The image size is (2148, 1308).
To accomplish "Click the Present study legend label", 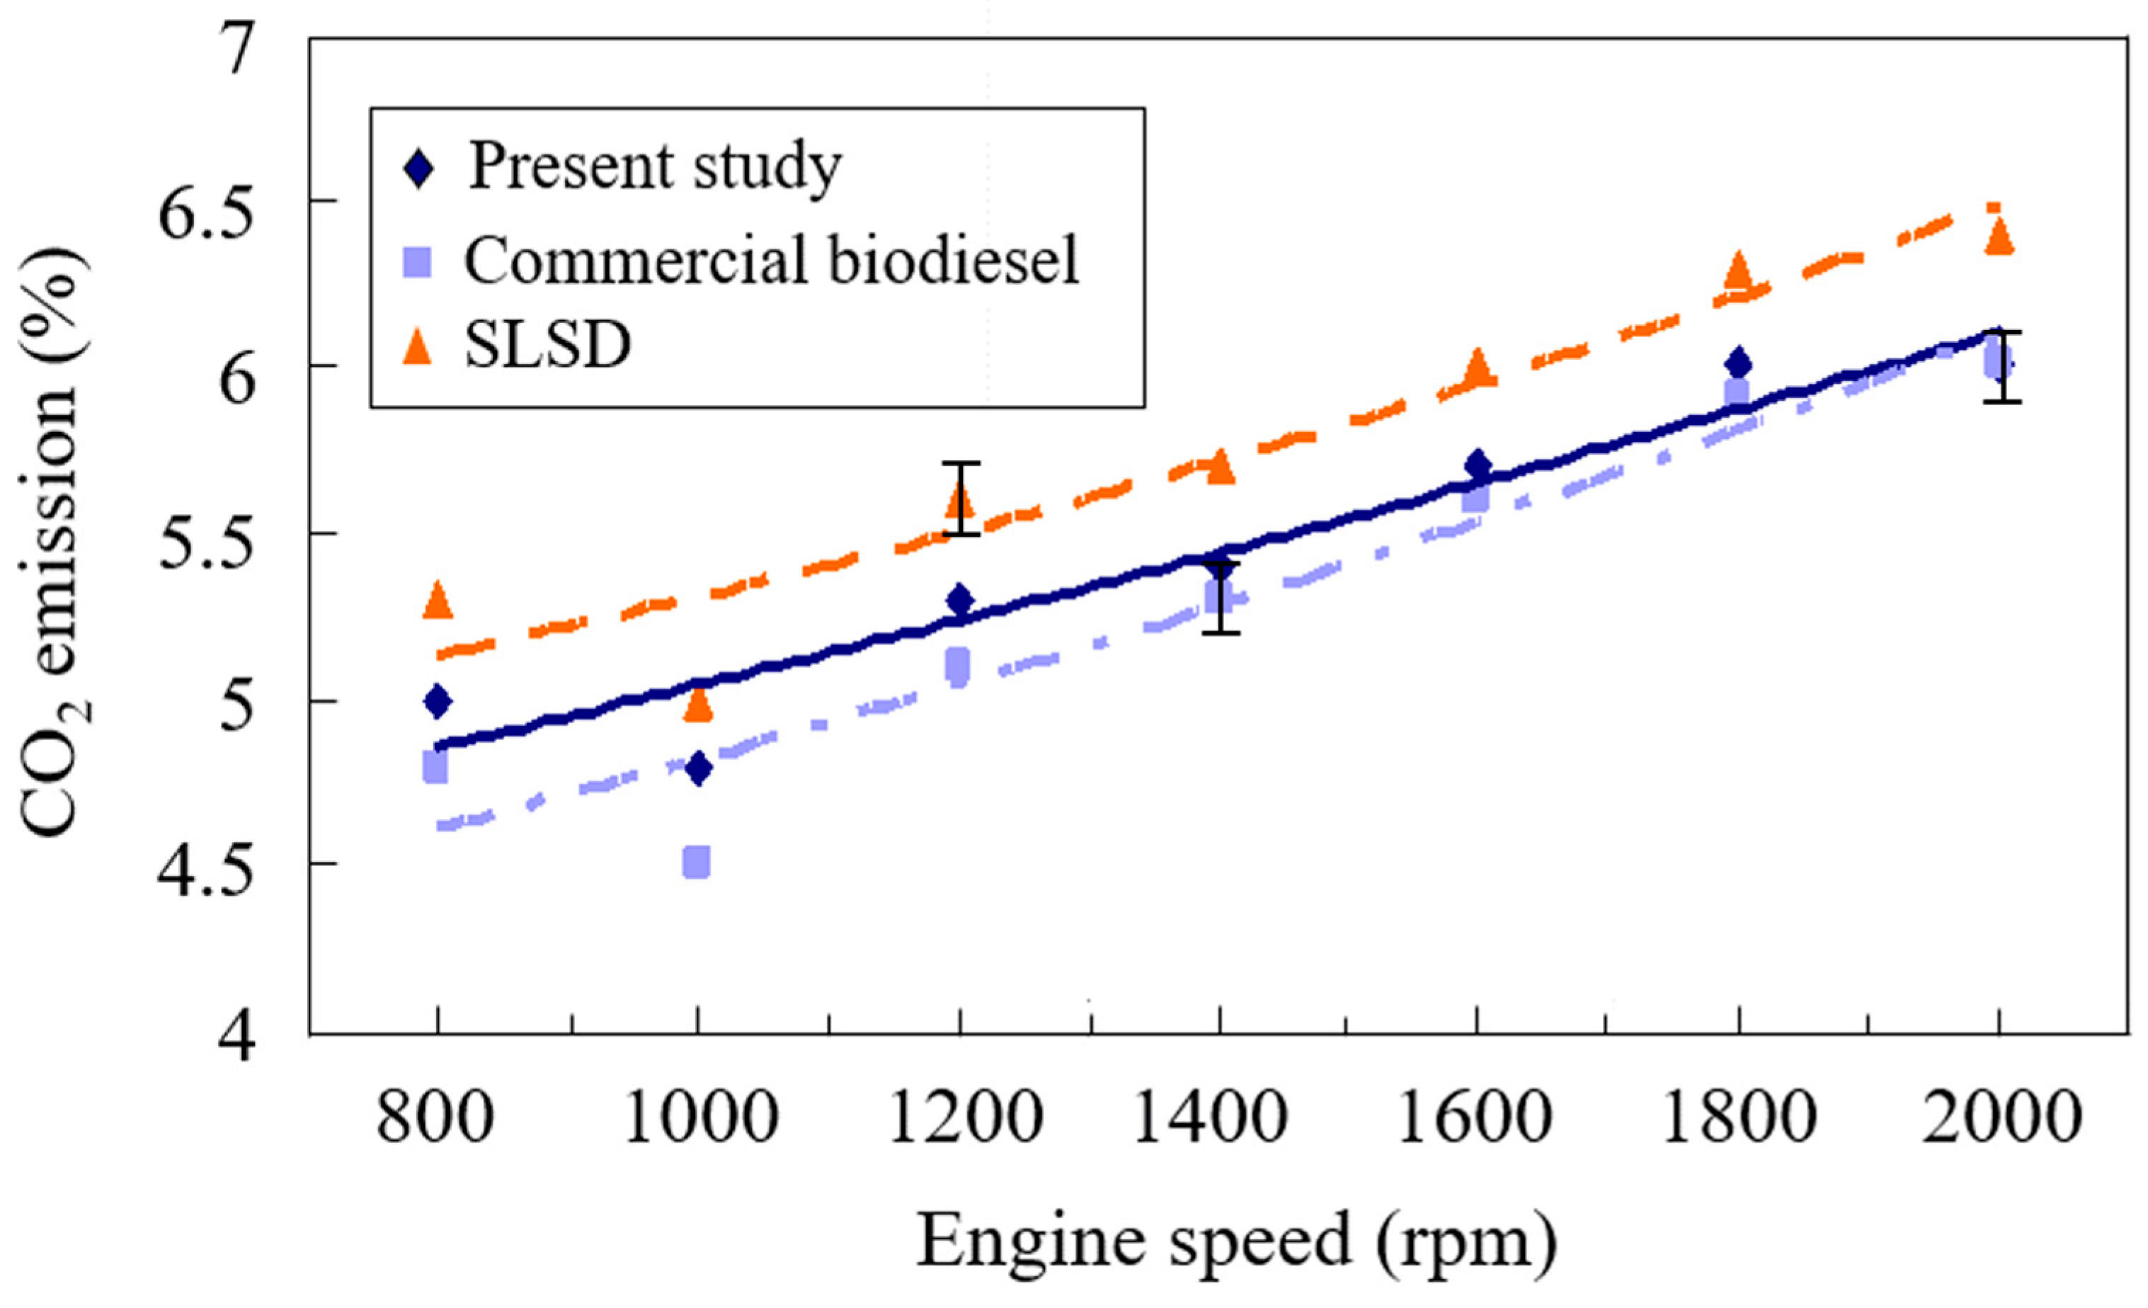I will [x=655, y=166].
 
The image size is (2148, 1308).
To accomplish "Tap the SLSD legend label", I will [x=547, y=346].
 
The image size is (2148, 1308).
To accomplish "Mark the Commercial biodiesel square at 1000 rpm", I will [x=696, y=862].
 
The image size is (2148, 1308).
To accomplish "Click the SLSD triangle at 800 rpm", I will [x=437, y=601].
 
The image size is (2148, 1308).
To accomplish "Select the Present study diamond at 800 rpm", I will [x=437, y=701].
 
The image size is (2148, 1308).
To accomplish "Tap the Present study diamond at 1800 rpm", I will [x=1737, y=362].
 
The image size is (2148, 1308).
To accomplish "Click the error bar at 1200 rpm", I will [x=961, y=498].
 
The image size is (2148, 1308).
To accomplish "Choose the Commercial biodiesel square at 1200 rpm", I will [x=958, y=668].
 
